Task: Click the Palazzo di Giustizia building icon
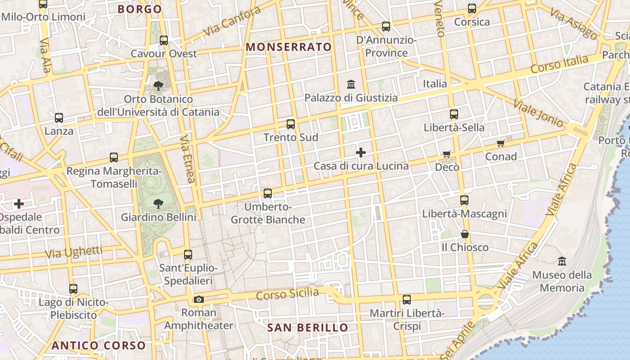(351, 84)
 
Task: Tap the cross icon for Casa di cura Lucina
(361, 153)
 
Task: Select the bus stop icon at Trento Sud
(291, 124)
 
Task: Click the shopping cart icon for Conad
(500, 144)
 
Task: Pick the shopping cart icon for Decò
(446, 154)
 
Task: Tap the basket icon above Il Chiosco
(464, 234)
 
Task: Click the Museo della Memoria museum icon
(562, 261)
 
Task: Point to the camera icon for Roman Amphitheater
(198, 299)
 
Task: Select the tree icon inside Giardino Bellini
(158, 204)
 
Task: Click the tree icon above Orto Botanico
(158, 85)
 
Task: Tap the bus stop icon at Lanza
(59, 118)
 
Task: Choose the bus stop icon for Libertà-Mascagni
(464, 200)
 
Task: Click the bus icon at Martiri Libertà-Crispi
(407, 299)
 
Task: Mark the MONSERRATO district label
(288, 47)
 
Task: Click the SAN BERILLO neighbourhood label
(308, 328)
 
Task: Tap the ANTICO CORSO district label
(99, 346)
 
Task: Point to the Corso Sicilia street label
(287, 294)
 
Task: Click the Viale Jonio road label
(538, 113)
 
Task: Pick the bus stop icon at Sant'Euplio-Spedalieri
(188, 255)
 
